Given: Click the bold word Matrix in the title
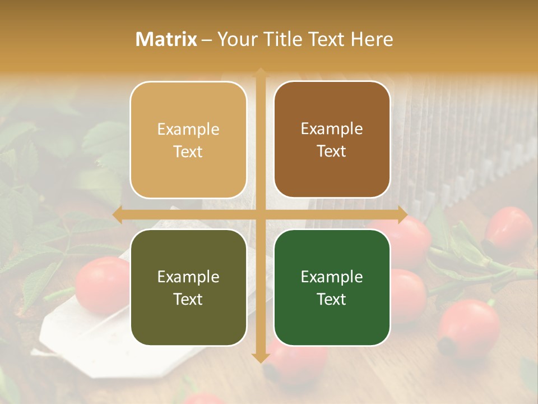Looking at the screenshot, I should [x=166, y=39].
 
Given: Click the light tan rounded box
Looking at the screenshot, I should [x=188, y=140].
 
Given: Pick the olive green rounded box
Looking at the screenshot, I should [x=188, y=287].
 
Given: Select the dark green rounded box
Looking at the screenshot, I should [x=332, y=287].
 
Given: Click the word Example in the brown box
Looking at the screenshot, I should [x=332, y=128].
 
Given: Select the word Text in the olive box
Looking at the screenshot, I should [x=188, y=299].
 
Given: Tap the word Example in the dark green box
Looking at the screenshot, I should [x=332, y=277].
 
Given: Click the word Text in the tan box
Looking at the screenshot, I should [x=188, y=151].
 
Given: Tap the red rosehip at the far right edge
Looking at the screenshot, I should [x=508, y=230].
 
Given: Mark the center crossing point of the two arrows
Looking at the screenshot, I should [x=261, y=214].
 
